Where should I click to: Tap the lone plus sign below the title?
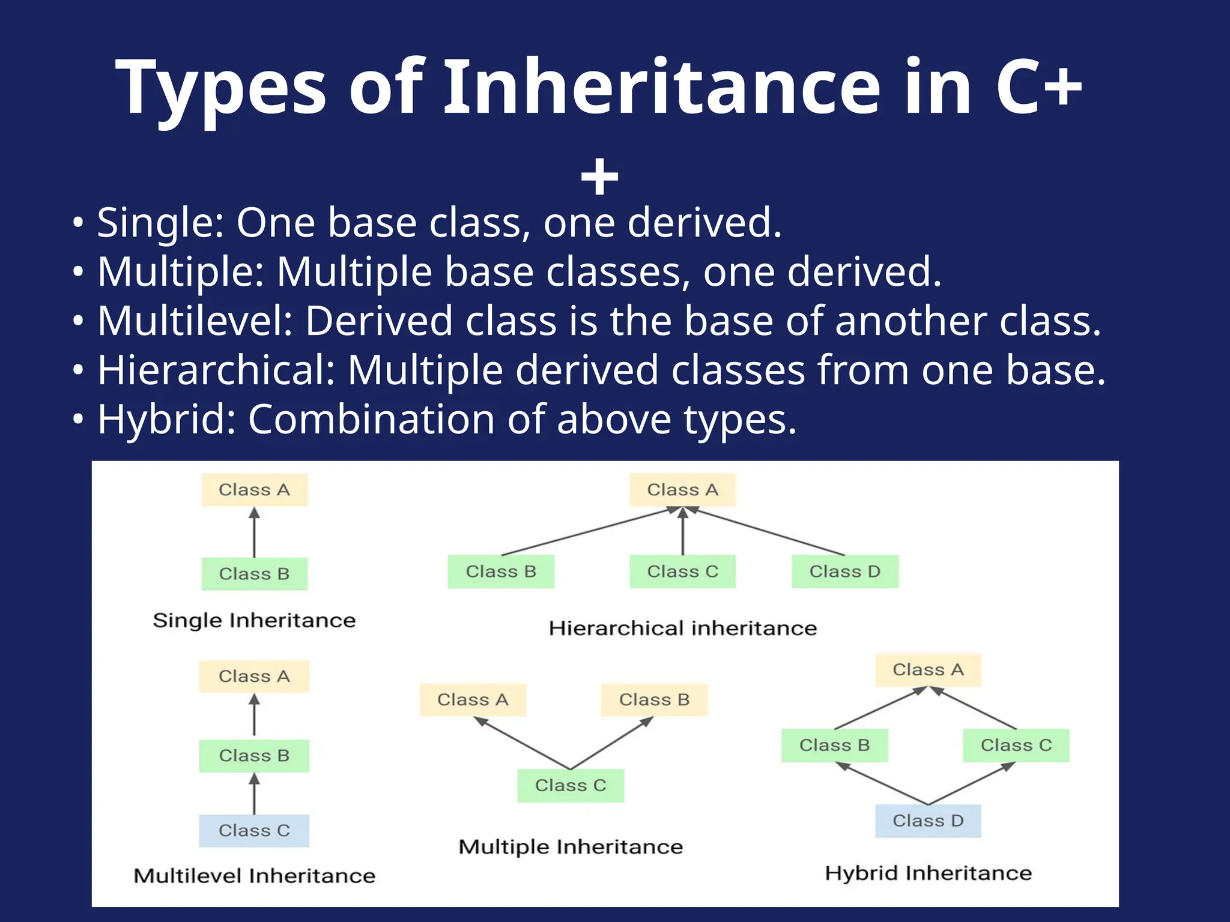click(599, 178)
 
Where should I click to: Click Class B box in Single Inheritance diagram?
click(254, 574)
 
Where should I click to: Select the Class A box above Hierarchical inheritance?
click(682, 490)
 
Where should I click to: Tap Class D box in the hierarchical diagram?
click(844, 571)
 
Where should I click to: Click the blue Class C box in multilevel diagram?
click(254, 831)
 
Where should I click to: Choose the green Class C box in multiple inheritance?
click(571, 785)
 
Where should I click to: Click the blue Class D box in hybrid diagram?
click(928, 821)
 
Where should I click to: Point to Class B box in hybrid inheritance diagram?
click(834, 745)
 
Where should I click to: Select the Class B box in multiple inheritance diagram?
click(654, 700)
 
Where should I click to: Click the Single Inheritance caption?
click(254, 620)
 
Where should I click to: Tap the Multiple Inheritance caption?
click(571, 847)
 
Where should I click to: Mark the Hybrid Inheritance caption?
click(928, 873)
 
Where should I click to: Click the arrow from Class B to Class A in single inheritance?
click(254, 533)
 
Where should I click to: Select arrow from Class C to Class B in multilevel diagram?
click(254, 794)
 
